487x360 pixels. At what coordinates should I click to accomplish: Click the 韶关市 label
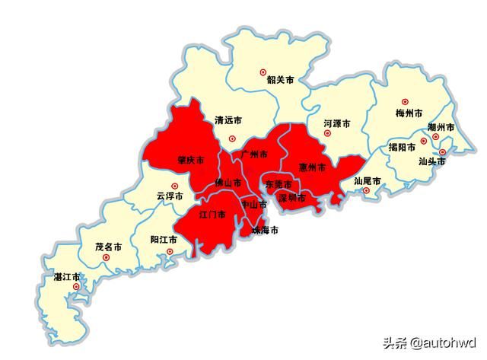coord(280,78)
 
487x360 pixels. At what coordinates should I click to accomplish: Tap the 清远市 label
coord(228,120)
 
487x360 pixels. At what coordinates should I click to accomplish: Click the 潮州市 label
coord(441,127)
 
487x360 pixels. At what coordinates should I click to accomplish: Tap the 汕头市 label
coord(431,161)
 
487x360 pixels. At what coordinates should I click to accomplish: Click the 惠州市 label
coord(312,167)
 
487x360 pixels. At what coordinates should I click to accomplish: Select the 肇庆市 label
coord(190,161)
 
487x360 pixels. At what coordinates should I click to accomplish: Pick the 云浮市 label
coord(170,196)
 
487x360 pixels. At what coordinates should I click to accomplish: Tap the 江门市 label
coord(212,215)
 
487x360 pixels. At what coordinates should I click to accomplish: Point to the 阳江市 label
coord(164,239)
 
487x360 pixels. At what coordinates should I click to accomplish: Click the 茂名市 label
coord(109,247)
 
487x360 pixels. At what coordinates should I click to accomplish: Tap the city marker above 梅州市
coord(405,101)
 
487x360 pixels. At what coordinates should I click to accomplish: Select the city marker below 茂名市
coord(106,258)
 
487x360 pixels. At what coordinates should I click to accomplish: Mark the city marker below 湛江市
coord(75,287)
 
